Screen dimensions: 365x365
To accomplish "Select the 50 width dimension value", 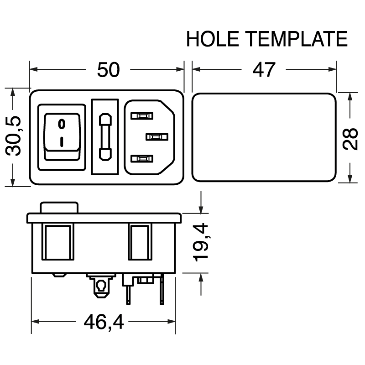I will (108, 70).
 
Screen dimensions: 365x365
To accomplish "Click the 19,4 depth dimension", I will (201, 242).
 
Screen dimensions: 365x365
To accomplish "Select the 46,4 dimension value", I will (104, 323).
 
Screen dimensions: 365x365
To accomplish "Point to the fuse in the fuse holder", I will (105, 137).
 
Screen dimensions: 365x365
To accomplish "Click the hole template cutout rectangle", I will (264, 137).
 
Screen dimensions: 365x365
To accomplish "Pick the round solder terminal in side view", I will (100, 287).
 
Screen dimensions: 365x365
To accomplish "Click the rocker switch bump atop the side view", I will (60, 208).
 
